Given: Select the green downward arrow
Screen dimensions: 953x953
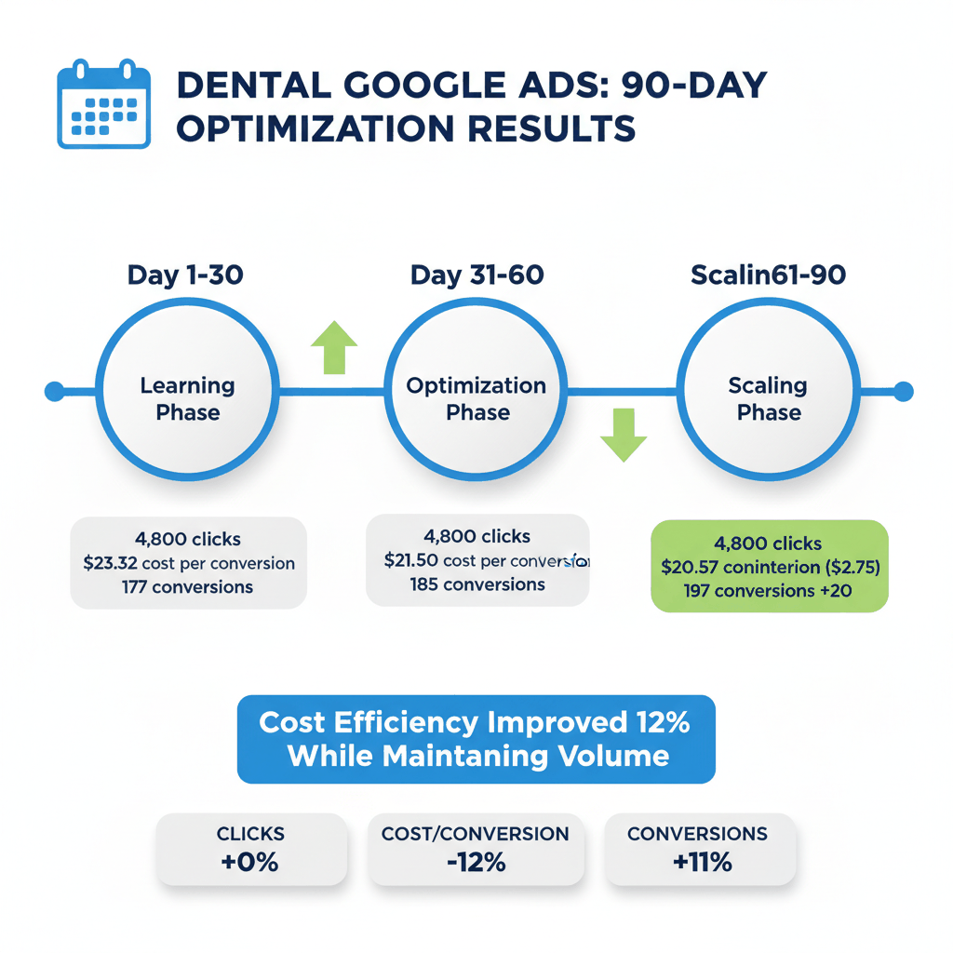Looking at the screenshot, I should point(623,435).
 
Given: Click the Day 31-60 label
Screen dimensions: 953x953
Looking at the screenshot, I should point(476,275).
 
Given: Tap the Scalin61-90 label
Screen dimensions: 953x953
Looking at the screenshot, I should point(769,275).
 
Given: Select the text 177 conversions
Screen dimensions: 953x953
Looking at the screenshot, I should point(187,587).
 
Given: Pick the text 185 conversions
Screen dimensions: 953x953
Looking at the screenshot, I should point(477,584).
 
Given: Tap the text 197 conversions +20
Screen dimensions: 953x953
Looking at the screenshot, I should point(769,590).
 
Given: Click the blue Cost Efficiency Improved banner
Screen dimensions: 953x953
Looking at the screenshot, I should point(476,738).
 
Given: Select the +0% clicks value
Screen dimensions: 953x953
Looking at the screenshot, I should point(250,863).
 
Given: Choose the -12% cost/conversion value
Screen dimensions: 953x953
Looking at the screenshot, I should point(475,863).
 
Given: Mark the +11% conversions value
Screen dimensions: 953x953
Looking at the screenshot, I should point(702,863).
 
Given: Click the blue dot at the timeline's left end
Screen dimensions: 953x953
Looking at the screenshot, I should point(55,392).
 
